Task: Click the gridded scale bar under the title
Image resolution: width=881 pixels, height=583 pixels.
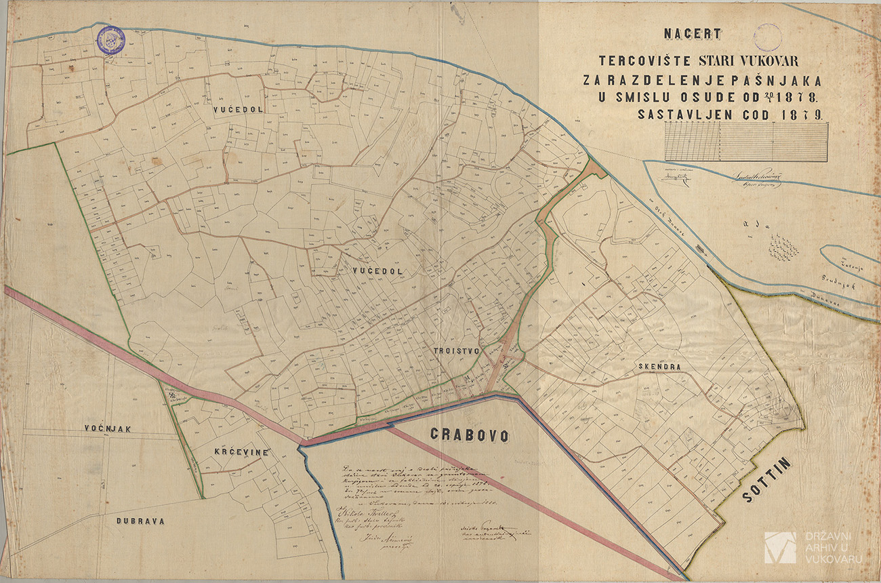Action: point(745,144)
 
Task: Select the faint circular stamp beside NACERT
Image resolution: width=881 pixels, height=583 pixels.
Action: point(766,37)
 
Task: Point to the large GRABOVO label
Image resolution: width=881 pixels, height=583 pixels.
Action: point(469,435)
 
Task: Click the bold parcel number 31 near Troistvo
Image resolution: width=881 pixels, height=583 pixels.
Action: point(467,378)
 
